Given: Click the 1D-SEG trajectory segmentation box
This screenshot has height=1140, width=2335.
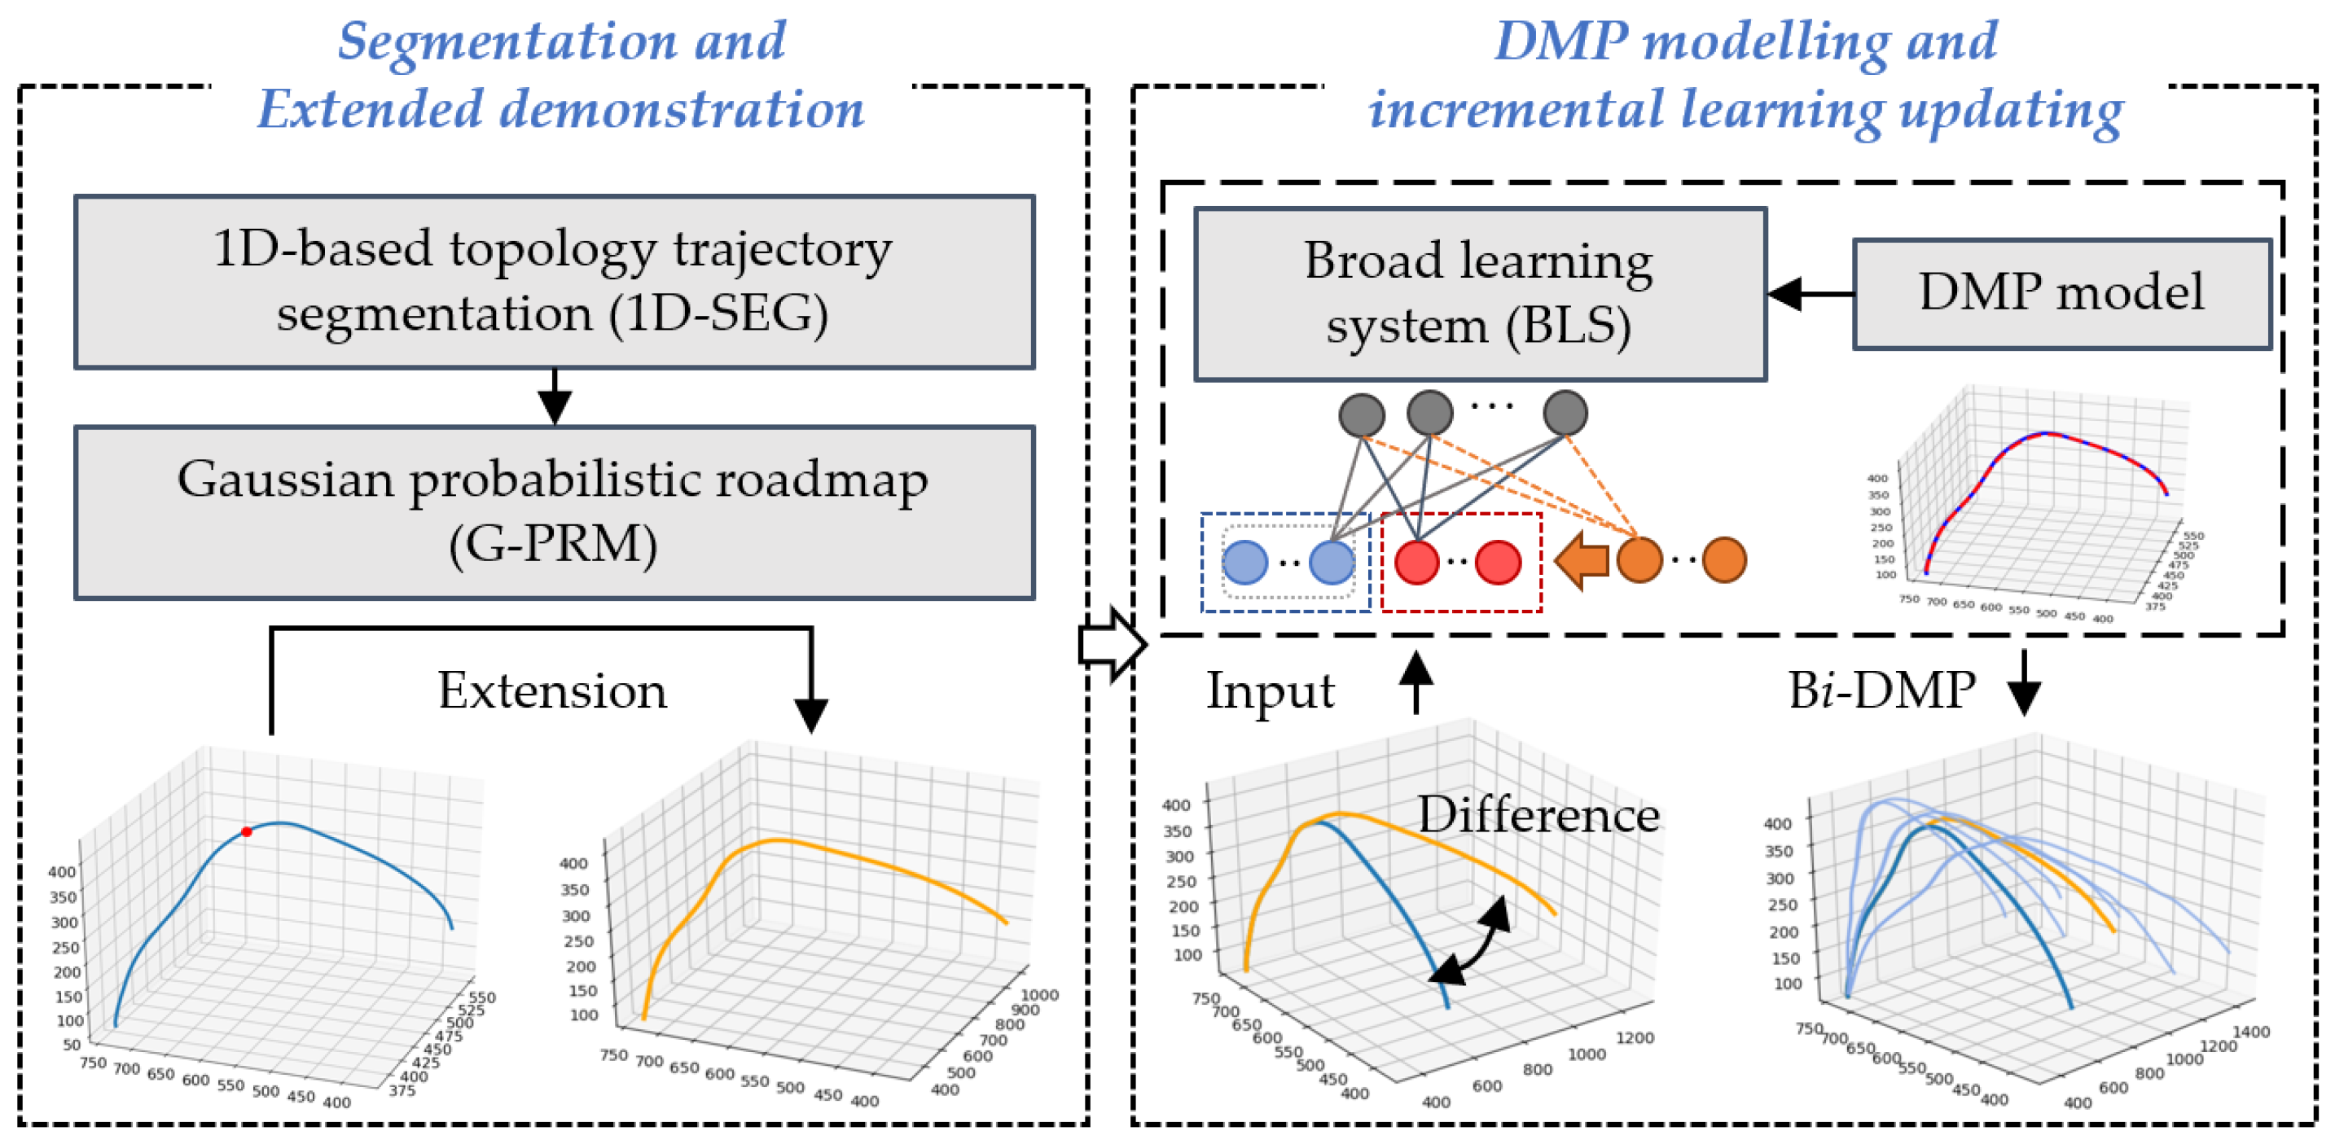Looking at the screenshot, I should point(554,282).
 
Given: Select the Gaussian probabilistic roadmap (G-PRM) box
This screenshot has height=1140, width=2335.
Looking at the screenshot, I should point(554,512).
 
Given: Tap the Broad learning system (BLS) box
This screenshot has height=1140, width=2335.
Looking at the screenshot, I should point(1479,294).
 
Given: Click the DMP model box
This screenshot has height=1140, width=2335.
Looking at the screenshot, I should point(2061,294).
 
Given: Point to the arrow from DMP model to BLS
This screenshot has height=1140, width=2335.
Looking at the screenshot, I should point(1809,294).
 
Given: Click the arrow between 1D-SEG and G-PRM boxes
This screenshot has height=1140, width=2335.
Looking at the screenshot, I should point(554,397).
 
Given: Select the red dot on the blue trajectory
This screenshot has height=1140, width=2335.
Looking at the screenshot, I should point(247,831).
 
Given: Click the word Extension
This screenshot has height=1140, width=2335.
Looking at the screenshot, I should point(552,691).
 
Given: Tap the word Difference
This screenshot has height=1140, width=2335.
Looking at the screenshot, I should point(1538,813).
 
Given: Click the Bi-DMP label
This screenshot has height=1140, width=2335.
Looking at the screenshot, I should point(1881,691).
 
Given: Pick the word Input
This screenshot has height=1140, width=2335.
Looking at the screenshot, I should point(1269,691).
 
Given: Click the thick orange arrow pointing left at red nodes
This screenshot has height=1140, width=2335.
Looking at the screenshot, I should point(1582,561).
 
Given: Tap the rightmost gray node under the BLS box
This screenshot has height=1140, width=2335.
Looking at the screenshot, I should point(1565,413).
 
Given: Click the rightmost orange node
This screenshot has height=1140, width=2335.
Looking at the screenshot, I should point(1723,560).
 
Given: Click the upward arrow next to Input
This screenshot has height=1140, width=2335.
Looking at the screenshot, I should point(1415,682).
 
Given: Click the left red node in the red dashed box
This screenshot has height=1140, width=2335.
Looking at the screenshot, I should point(1415,562).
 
